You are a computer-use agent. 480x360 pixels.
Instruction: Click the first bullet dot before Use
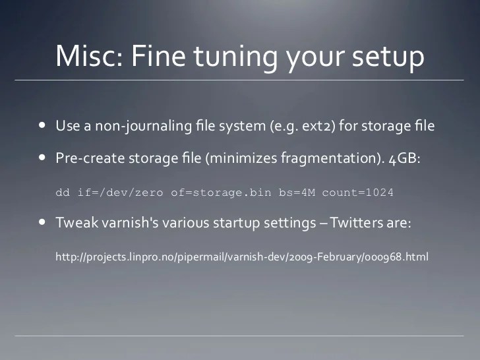pyautogui.click(x=42, y=125)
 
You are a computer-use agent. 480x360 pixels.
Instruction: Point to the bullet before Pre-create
pyautogui.click(x=42, y=158)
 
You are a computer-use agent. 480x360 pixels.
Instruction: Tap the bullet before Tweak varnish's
pyautogui.click(x=42, y=222)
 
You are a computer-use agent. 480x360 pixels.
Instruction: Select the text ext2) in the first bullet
pyautogui.click(x=319, y=125)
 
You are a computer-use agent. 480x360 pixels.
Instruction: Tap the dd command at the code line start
pyautogui.click(x=62, y=193)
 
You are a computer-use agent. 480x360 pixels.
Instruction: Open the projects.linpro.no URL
pyautogui.click(x=242, y=256)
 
